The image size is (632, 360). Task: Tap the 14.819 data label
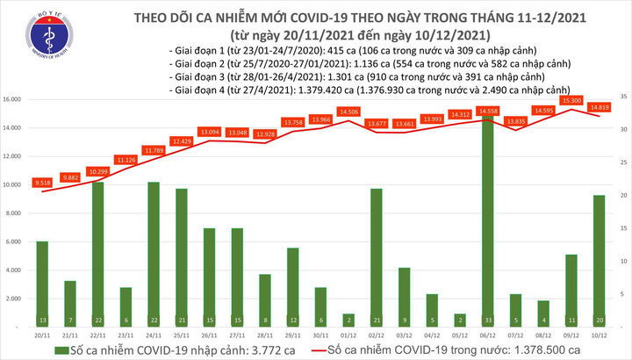click(600, 107)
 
